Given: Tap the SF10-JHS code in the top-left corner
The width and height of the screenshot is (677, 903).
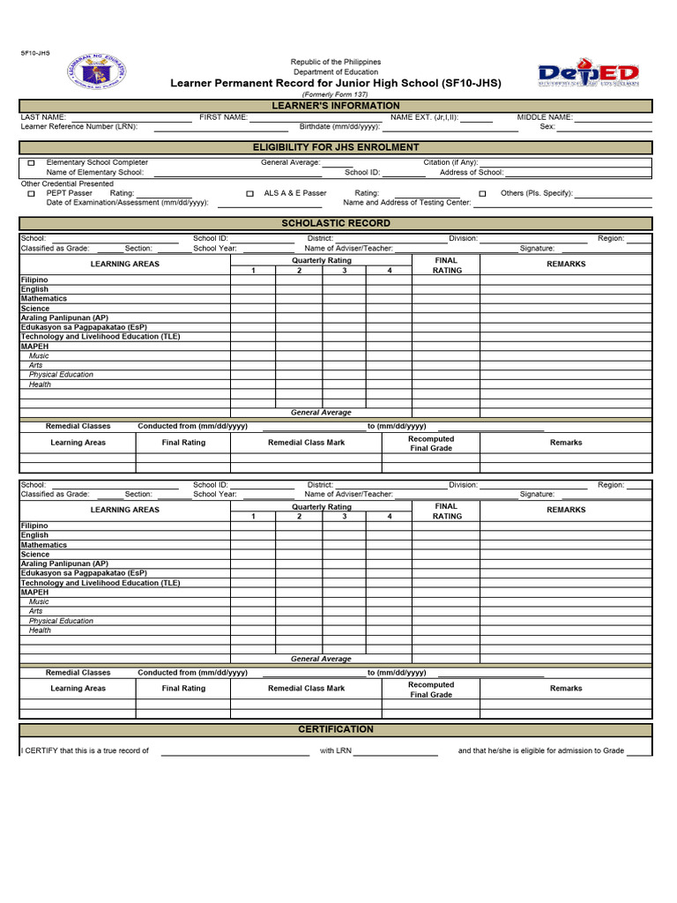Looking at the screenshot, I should (35, 53).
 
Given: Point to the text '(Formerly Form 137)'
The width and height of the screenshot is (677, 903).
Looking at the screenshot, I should (335, 94).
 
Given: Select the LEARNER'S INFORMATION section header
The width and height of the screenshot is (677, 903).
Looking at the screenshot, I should (335, 106).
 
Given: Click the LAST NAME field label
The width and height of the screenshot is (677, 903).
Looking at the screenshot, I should (43, 117).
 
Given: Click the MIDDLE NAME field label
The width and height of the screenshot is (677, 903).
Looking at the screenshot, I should (545, 117).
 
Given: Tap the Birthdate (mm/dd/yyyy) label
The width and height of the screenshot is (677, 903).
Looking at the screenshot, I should (339, 127).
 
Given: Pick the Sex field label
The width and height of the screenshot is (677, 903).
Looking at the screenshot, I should (547, 127).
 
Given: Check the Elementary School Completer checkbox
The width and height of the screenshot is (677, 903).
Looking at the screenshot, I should (31, 163).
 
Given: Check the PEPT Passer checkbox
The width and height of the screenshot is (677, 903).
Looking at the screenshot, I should (31, 193).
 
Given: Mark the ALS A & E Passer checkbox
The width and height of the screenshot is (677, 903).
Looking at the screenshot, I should (249, 193).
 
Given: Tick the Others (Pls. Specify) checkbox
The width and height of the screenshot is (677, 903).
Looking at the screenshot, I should (482, 193).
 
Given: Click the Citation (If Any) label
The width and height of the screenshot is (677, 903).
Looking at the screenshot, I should (450, 163).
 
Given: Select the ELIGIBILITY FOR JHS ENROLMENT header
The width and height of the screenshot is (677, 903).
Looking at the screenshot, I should (335, 147).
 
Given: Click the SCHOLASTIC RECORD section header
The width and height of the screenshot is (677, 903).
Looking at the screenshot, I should (335, 224).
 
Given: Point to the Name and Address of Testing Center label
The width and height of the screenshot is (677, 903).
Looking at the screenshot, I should (406, 203).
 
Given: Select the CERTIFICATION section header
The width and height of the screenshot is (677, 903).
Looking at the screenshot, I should (335, 730).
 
